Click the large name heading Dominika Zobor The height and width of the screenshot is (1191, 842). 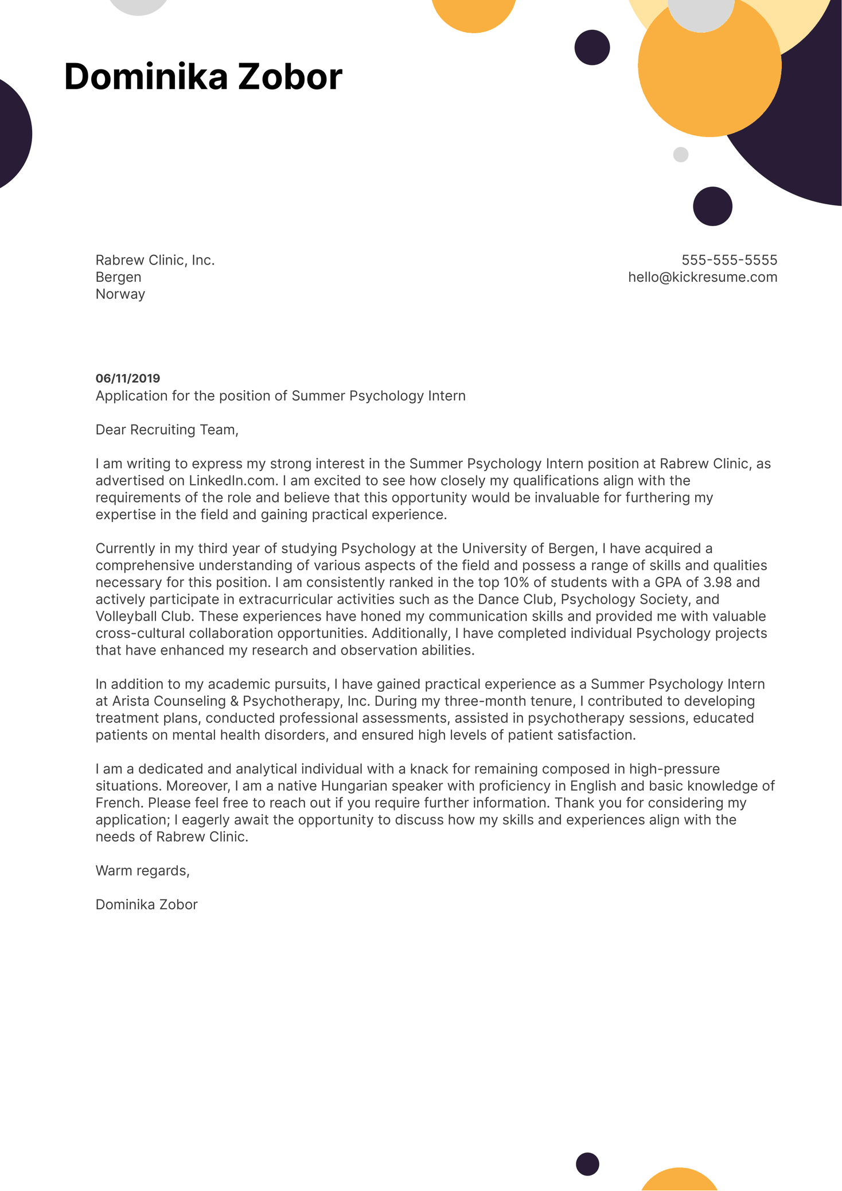coord(203,77)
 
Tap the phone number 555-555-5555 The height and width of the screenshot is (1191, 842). coord(729,260)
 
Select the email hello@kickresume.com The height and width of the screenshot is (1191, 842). coord(703,277)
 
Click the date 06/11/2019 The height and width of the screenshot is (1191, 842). coord(128,378)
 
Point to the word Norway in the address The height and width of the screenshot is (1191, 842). coord(120,294)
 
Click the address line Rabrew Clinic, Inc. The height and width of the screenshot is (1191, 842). coord(155,260)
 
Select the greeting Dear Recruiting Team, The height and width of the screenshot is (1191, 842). coord(166,430)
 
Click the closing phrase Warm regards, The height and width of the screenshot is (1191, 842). coord(142,871)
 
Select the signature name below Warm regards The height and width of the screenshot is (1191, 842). coord(146,905)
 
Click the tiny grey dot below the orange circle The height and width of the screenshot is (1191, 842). coord(680,155)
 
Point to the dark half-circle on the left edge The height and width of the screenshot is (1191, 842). coord(13,134)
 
